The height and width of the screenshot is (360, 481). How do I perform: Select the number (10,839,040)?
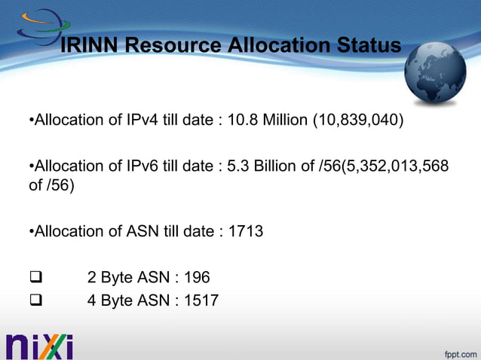coord(357,121)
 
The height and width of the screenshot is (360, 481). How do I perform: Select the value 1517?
coord(201,301)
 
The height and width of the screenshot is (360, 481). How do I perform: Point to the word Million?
coord(283,121)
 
